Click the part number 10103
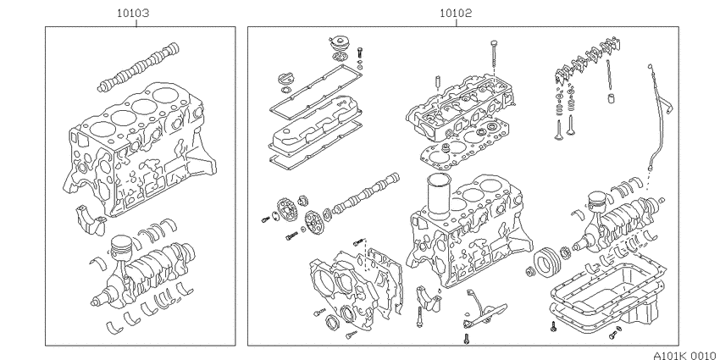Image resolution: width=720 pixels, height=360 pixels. tap(133, 14)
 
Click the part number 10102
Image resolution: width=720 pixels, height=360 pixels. tap(456, 14)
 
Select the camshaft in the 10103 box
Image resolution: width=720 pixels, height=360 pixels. tap(138, 68)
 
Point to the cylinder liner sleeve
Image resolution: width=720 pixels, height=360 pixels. tap(438, 195)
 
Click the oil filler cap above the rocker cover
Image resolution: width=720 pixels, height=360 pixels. tap(340, 45)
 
